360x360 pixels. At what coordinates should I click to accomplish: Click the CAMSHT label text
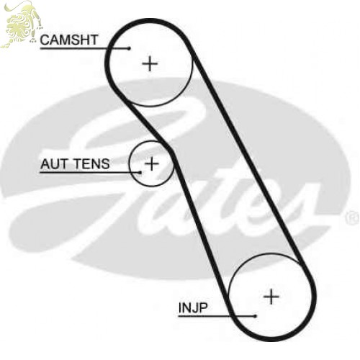(69, 40)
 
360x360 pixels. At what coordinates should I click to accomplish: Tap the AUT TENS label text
(75, 164)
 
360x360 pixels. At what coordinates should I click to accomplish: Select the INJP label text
(193, 307)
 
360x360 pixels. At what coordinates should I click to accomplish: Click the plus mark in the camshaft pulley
(150, 63)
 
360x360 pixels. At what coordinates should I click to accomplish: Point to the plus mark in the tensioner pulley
(152, 163)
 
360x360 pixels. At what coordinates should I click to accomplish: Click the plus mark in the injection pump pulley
(271, 297)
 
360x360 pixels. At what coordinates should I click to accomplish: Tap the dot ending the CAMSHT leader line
(130, 48)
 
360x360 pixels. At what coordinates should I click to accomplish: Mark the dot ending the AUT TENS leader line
(140, 172)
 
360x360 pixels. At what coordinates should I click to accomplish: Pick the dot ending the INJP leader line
(256, 316)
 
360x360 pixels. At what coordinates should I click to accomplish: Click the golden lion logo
(21, 24)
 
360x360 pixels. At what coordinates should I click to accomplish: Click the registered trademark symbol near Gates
(352, 217)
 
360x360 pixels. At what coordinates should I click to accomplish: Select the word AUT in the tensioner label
(54, 164)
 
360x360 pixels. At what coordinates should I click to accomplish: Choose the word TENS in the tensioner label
(92, 164)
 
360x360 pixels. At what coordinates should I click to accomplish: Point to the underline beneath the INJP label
(217, 316)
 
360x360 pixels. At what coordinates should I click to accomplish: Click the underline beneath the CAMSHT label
(84, 48)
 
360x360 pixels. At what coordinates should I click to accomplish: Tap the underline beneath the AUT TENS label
(90, 172)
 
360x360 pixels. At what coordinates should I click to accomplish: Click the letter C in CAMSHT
(45, 40)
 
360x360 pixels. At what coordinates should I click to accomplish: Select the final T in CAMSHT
(94, 40)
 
